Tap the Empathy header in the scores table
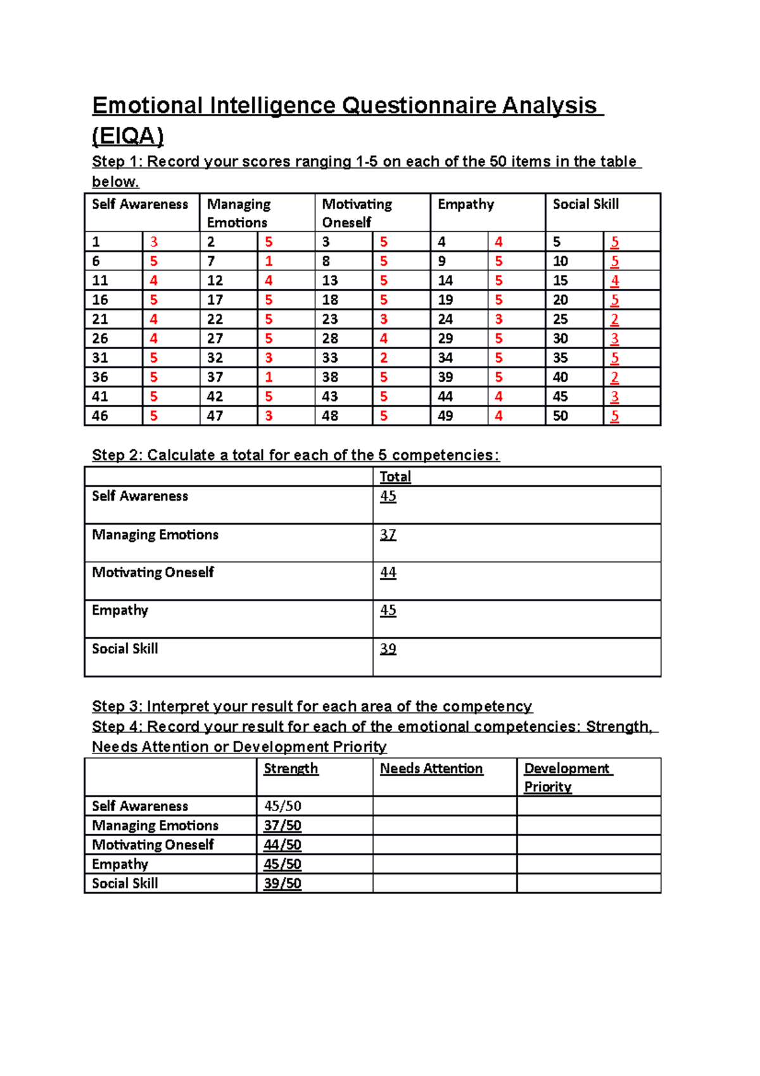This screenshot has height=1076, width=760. point(465,204)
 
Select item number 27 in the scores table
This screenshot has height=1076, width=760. point(215,338)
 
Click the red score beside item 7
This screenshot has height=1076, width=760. point(269,261)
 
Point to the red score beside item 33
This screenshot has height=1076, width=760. point(384,358)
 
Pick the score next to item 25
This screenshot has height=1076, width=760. point(614,319)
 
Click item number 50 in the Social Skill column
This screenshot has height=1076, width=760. point(560,416)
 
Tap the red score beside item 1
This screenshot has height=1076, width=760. point(153,242)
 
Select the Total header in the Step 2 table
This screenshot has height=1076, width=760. point(395,477)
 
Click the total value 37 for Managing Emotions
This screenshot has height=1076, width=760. point(388,534)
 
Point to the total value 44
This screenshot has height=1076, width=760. point(388,572)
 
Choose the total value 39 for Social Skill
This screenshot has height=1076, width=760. point(388,648)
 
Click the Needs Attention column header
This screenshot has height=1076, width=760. point(431,768)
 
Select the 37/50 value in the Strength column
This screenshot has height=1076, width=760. point(282,825)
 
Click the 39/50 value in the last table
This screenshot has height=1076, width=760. point(282,883)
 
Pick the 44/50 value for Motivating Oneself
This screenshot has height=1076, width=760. point(282,845)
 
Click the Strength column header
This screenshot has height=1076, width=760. point(291,768)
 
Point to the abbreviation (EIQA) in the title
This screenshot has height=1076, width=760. point(128,136)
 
